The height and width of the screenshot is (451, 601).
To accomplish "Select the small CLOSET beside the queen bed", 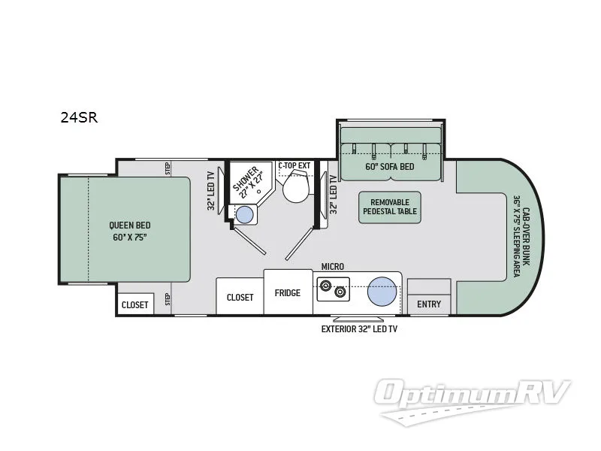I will coord(135,304).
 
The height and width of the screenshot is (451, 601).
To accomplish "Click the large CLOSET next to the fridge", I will coord(240,297).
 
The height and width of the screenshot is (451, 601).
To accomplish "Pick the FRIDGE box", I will coord(288,293).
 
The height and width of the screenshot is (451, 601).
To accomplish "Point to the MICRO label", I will coord(332,266).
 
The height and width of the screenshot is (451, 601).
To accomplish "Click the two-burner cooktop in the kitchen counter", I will coord(334,287).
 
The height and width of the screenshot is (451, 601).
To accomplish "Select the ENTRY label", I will coord(429,304).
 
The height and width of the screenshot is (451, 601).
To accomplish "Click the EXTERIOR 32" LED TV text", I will coord(360,329).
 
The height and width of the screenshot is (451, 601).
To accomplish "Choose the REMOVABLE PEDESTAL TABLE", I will coord(390,207).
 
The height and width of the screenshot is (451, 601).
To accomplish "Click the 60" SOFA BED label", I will coord(390,167).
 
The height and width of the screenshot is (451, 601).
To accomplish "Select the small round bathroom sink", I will coord(245,215).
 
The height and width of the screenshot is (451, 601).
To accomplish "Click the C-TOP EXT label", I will coord(294,165).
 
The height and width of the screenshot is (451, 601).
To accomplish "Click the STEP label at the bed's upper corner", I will coord(168,167).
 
